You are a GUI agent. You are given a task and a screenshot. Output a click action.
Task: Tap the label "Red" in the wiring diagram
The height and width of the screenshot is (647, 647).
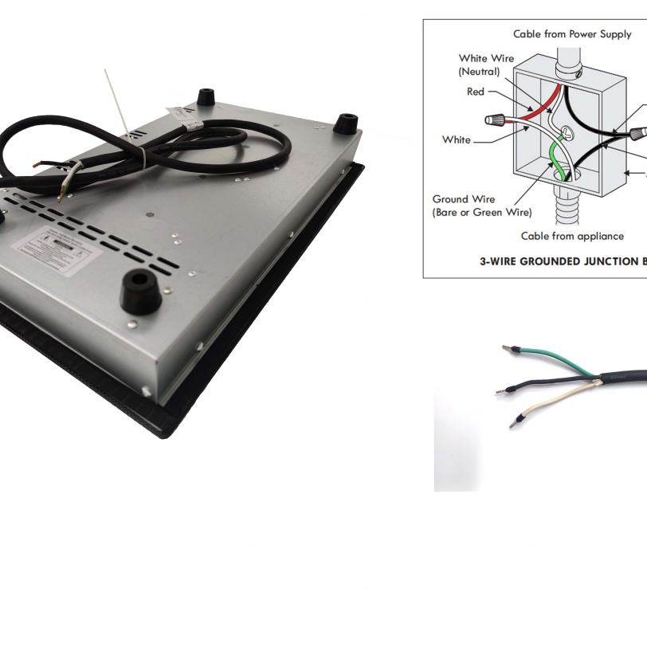click(x=475, y=92)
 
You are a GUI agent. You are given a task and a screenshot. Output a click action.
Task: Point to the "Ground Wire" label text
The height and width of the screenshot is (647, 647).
click(x=463, y=199)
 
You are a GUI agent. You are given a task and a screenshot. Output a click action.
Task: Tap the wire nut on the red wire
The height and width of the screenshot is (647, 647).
click(x=492, y=121)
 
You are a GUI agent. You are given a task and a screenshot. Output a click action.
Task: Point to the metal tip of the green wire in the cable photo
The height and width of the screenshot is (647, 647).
click(x=507, y=349)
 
